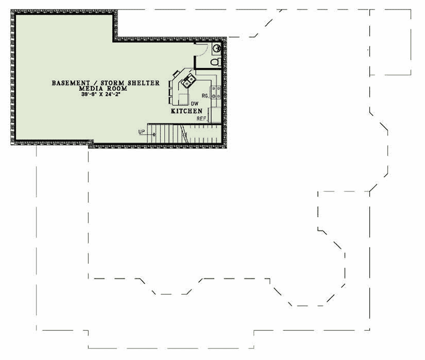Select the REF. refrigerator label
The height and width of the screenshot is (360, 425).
tap(201, 118)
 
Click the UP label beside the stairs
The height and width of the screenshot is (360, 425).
tap(142, 131)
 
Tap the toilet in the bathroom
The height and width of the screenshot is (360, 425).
tap(215, 63)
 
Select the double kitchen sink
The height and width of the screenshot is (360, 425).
tap(188, 81)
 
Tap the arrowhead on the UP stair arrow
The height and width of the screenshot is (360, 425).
tap(155, 134)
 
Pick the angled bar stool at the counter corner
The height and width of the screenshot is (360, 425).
tap(177, 74)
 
